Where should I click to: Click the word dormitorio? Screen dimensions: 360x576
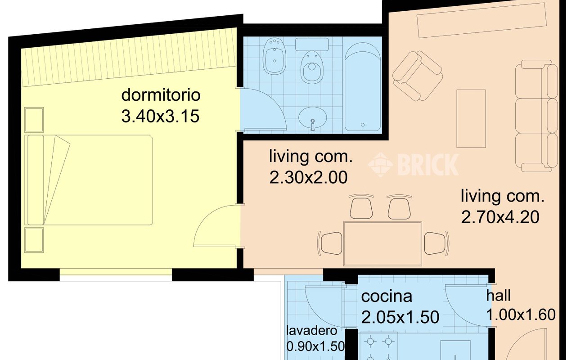161,95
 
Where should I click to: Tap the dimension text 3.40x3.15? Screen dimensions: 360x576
160,117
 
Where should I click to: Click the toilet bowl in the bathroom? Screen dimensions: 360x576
312,67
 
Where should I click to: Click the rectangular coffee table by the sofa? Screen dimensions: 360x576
471,118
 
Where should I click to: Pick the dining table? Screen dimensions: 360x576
382,243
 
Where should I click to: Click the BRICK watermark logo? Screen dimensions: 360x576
413,164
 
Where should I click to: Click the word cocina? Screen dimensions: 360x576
387,297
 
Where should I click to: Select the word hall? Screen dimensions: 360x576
498,296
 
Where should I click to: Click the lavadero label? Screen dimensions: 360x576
312,331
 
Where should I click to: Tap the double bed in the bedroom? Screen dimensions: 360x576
90,180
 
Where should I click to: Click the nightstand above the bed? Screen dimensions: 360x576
34,119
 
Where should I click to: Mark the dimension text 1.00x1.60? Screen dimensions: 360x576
521,315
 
